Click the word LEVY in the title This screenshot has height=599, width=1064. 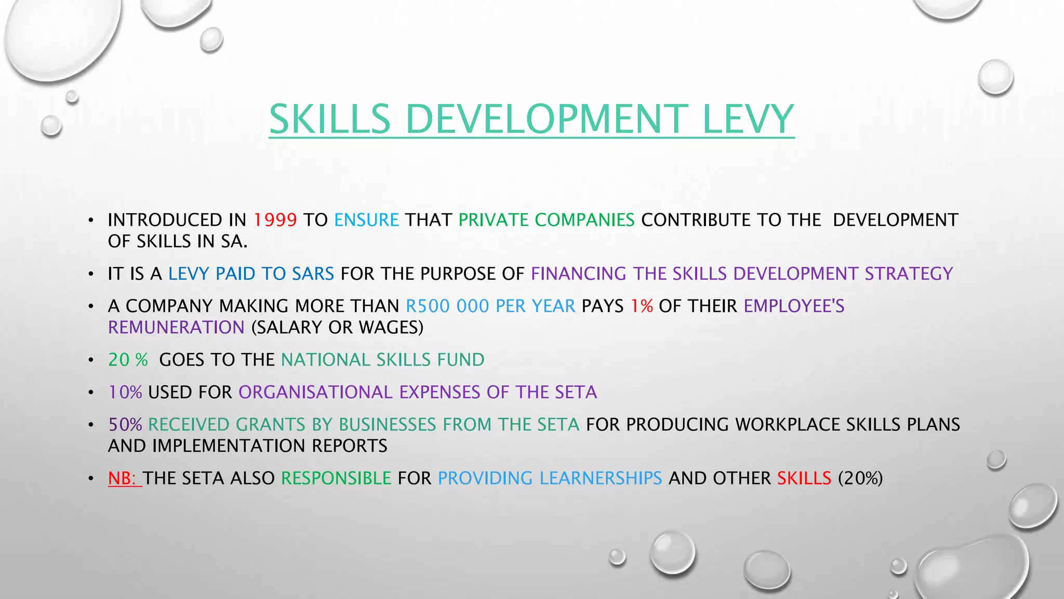click(748, 119)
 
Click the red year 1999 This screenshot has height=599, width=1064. click(275, 220)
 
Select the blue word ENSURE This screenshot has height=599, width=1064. click(366, 220)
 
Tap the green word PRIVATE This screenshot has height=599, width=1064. click(493, 220)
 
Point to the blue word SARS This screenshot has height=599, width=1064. click(313, 274)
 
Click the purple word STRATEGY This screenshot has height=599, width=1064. click(909, 274)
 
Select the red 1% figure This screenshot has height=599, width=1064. click(642, 306)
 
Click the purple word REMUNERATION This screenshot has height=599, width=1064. click(176, 328)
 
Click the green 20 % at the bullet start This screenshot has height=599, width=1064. click(128, 360)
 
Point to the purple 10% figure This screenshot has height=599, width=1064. click(125, 392)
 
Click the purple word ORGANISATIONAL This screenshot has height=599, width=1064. click(315, 392)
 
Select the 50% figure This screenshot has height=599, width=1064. click(125, 425)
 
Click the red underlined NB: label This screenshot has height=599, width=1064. click(124, 478)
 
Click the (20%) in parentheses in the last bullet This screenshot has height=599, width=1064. click(860, 478)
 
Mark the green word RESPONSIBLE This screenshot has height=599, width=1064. click(336, 478)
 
